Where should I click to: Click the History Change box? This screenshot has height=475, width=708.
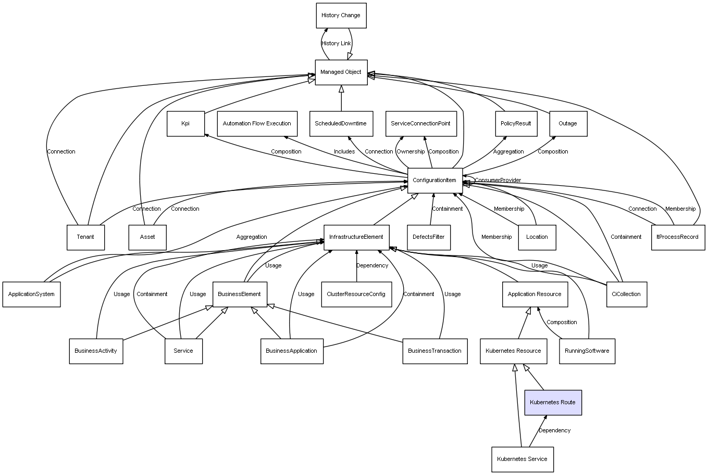click(x=341, y=16)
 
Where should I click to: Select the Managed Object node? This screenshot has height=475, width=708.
click(x=341, y=72)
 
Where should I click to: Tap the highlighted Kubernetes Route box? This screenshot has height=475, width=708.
click(x=553, y=402)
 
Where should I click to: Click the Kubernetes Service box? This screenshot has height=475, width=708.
click(x=522, y=459)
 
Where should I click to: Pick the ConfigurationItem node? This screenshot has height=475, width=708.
click(x=434, y=181)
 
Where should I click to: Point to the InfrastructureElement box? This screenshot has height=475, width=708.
click(x=356, y=237)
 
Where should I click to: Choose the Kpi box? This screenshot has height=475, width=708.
click(x=185, y=124)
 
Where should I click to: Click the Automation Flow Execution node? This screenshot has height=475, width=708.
click(x=257, y=124)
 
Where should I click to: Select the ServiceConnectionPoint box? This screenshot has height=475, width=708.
click(x=420, y=124)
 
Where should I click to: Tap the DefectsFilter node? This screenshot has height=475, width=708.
click(x=429, y=237)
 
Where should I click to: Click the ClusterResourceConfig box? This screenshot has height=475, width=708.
click(x=356, y=294)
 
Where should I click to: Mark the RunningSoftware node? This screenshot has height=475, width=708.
click(x=587, y=351)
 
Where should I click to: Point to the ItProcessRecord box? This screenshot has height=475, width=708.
click(x=677, y=237)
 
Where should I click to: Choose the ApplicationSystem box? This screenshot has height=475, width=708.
click(x=31, y=294)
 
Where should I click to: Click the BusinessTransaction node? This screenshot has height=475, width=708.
click(x=434, y=351)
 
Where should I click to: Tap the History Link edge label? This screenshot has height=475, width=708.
click(x=336, y=44)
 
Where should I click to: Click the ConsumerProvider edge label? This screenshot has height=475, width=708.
click(x=498, y=181)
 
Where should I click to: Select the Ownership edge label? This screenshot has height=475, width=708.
click(x=411, y=152)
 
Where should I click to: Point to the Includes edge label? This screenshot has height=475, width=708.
click(x=344, y=152)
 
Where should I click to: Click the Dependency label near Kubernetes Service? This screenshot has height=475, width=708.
click(x=554, y=431)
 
